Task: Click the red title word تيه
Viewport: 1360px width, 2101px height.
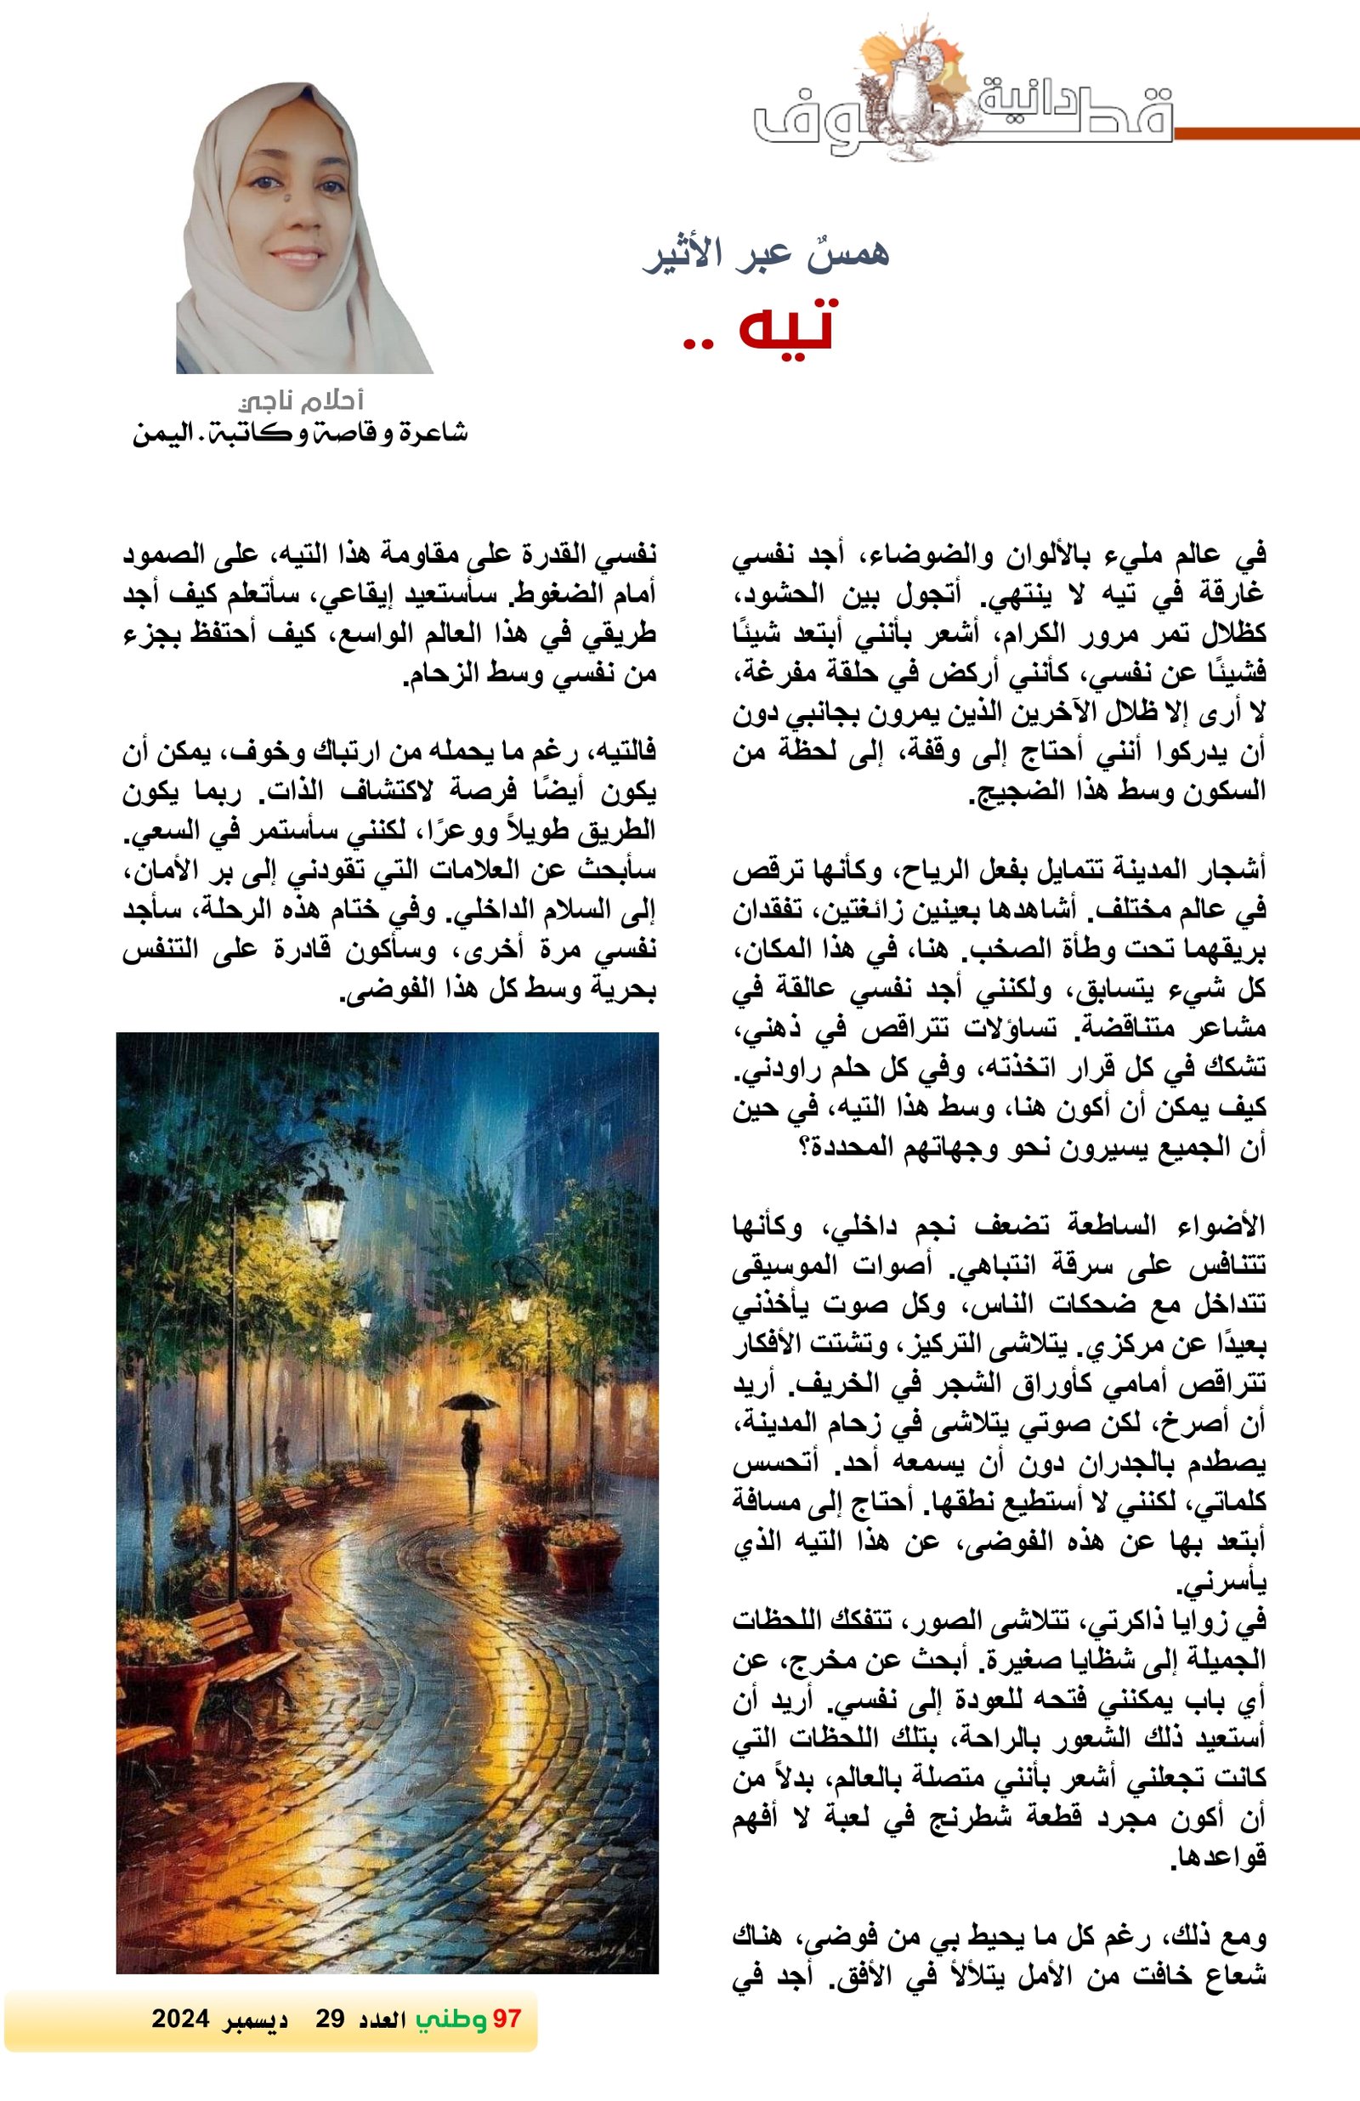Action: click(782, 327)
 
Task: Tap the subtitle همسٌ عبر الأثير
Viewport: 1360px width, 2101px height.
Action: click(766, 253)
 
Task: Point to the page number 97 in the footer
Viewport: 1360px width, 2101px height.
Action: click(507, 2019)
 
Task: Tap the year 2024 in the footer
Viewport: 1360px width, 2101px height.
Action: click(180, 2019)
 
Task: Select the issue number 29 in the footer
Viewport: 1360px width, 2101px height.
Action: click(330, 2019)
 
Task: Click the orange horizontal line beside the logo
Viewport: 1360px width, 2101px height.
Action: click(1266, 134)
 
